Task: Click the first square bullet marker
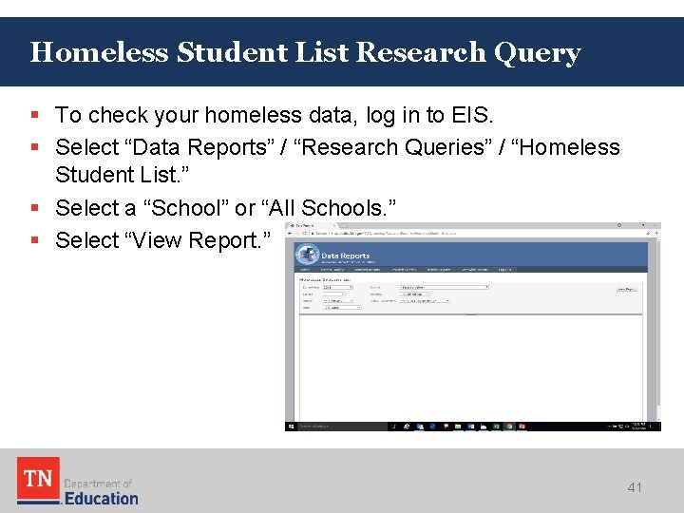coord(34,116)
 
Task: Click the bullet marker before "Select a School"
coord(34,208)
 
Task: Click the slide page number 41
coord(635,487)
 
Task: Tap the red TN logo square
coord(38,479)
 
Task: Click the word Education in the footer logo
coord(101,498)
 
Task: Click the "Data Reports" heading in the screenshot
coord(345,256)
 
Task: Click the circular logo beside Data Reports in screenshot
coord(306,256)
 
